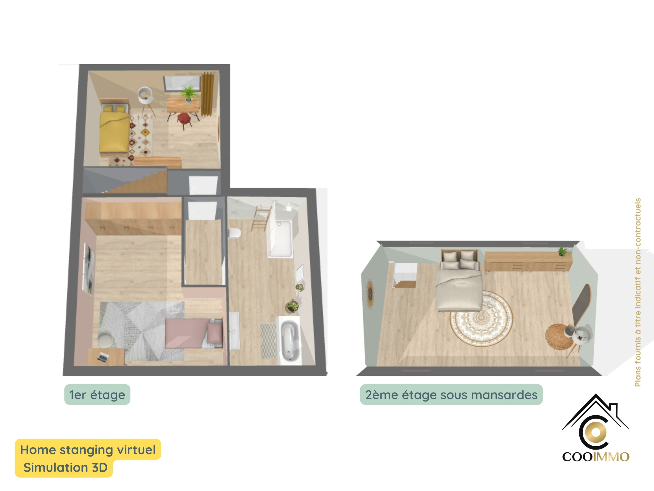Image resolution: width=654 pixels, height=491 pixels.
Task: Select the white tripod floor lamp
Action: point(146,99)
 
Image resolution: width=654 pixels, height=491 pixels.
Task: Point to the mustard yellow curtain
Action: point(207,94)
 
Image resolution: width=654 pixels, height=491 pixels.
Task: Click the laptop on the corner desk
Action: point(103,357)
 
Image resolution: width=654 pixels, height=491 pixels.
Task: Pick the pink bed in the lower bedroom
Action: point(194,333)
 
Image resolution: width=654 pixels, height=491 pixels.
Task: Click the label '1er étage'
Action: point(97,395)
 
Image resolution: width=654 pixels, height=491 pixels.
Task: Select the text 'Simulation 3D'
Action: point(65,468)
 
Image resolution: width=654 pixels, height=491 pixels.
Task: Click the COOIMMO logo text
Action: point(596,457)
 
